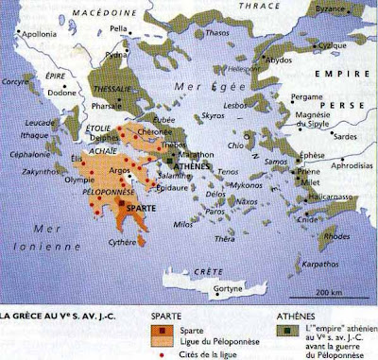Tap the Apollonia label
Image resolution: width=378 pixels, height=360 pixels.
34,43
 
